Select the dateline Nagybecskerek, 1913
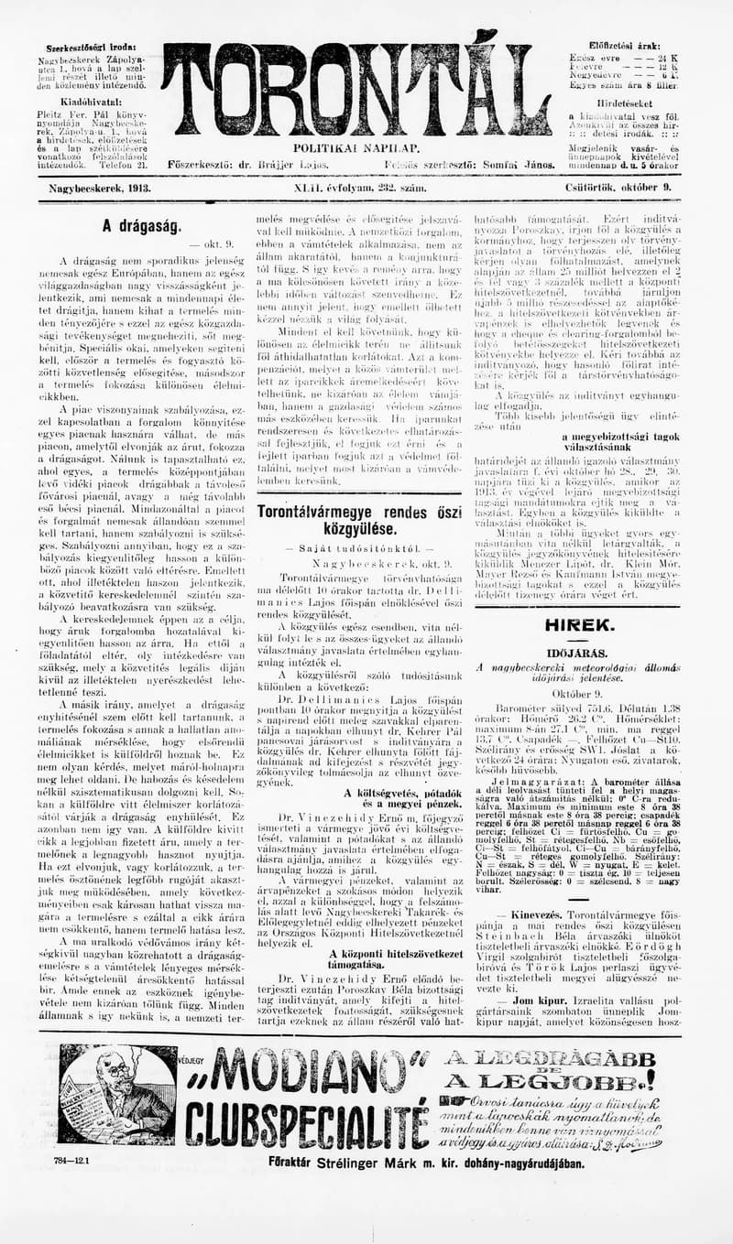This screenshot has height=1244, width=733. point(100,187)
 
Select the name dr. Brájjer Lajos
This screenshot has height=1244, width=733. point(270,164)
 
